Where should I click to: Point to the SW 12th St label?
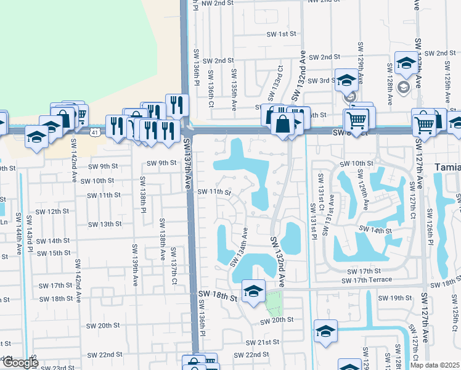(x=52, y=211)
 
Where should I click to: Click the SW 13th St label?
(x=105, y=224)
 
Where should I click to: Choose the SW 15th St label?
(x=54, y=253)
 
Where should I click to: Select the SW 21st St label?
(x=263, y=342)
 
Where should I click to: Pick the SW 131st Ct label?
(x=320, y=192)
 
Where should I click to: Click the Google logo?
(x=20, y=363)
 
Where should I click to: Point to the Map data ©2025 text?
(x=435, y=365)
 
